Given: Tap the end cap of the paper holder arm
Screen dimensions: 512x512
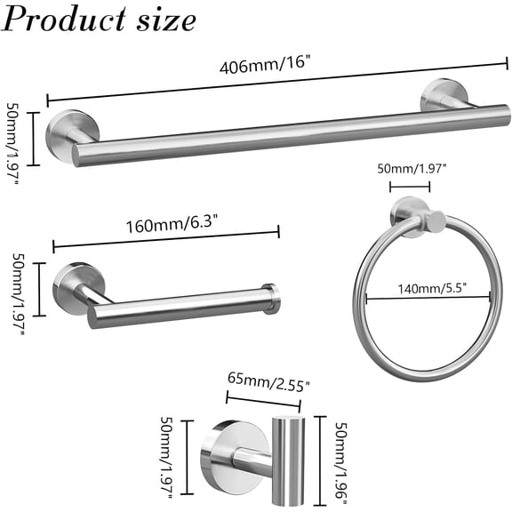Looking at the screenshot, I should click(x=270, y=299).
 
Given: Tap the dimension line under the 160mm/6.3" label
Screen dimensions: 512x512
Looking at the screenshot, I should click(x=166, y=240).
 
